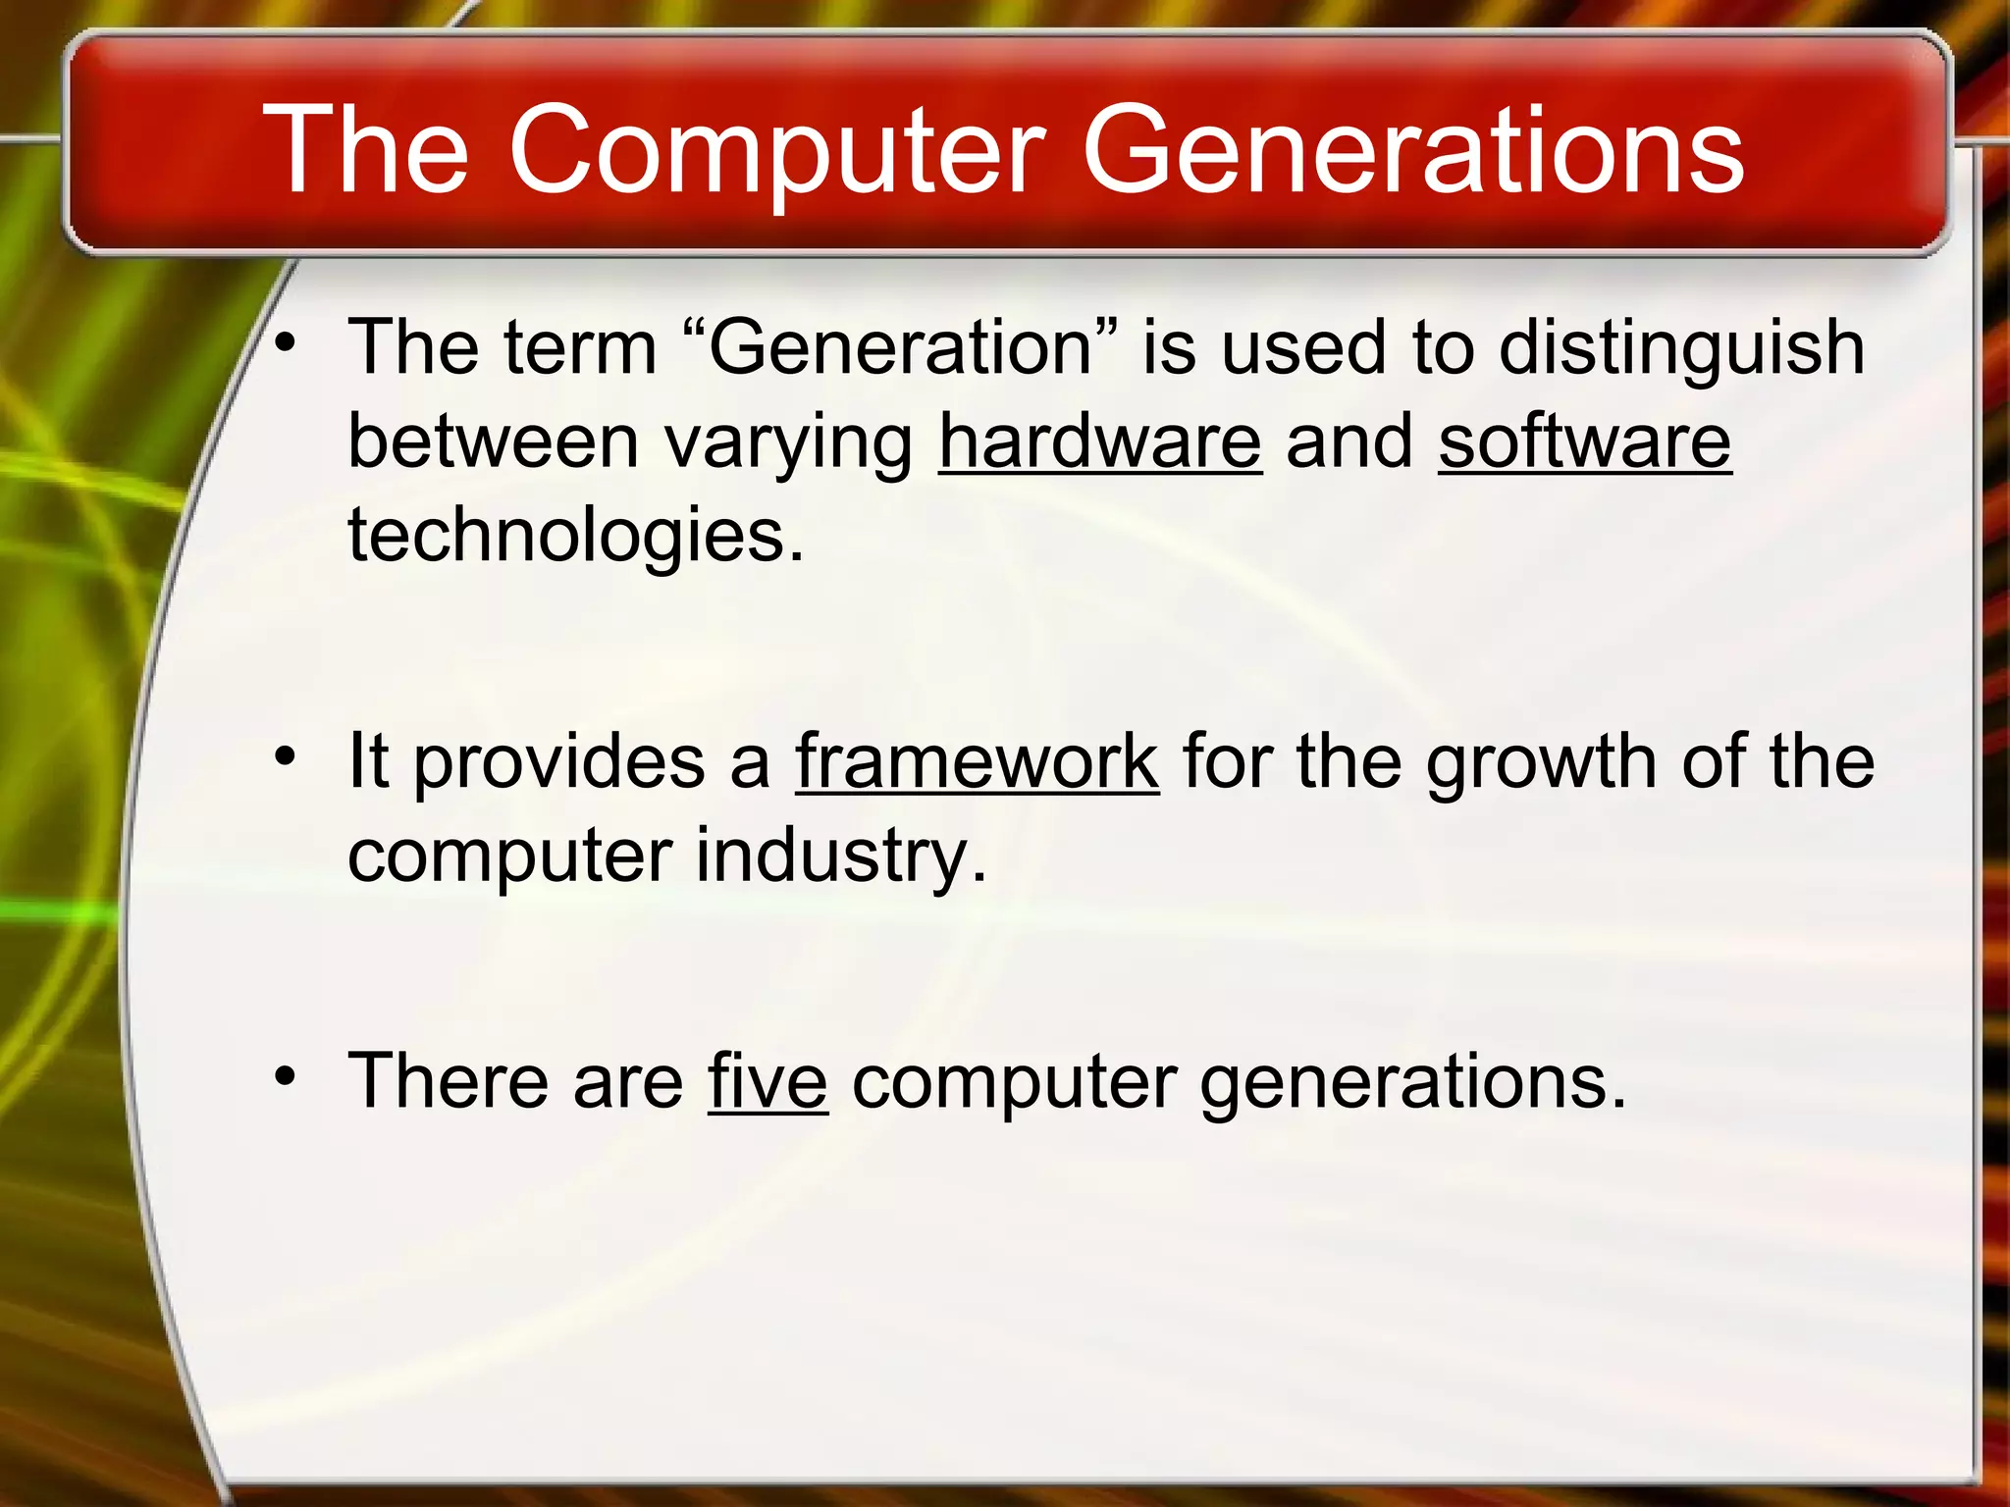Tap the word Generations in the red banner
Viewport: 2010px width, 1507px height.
(1412, 152)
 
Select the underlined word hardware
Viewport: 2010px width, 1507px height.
(1100, 442)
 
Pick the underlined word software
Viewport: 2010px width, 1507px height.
(1584, 442)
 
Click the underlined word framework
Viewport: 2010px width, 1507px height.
(978, 762)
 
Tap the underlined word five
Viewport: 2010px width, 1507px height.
(767, 1081)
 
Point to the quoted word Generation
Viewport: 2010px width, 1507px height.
(900, 348)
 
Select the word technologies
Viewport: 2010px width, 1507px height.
(576, 538)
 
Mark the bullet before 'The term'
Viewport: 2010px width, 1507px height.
(285, 342)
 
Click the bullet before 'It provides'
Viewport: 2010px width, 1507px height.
(285, 756)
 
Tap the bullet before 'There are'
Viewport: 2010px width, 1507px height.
(285, 1076)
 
